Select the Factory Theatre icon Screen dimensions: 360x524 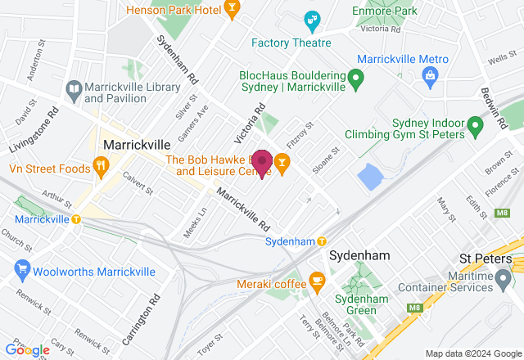click(x=311, y=20)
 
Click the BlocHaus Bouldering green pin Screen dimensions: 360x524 click(x=355, y=79)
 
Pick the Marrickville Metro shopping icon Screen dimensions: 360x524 click(x=429, y=76)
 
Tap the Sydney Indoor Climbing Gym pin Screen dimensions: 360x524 click(x=474, y=125)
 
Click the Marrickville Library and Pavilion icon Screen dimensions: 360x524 click(x=74, y=89)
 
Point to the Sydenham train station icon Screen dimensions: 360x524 click(x=322, y=241)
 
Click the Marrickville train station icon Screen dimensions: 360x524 click(x=76, y=219)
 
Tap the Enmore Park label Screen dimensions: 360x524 click(x=385, y=10)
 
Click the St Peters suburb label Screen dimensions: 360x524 click(x=483, y=259)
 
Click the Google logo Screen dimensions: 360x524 click(x=28, y=349)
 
